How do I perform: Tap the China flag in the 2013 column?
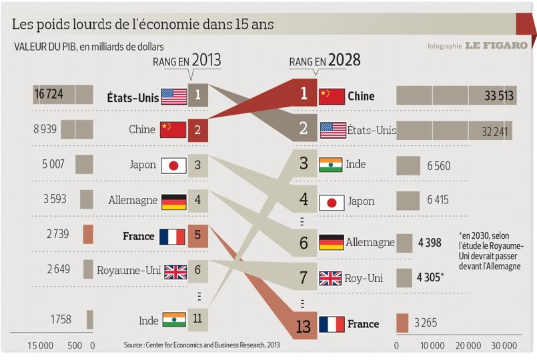point(173,129)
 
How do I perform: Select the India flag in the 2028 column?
point(332,165)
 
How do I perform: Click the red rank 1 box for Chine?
point(304,94)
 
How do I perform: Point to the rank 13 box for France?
point(304,325)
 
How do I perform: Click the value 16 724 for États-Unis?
point(49,95)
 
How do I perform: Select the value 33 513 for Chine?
point(499,96)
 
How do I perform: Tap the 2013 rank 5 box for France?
point(198,236)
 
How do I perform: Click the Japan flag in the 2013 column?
point(173,165)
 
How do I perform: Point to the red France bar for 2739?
point(87,235)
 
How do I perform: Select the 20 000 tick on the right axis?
point(468,345)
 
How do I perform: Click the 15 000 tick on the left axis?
point(40,345)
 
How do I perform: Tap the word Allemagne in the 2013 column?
point(133,200)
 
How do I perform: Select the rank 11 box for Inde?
point(197,319)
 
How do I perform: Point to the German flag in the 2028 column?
point(332,242)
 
